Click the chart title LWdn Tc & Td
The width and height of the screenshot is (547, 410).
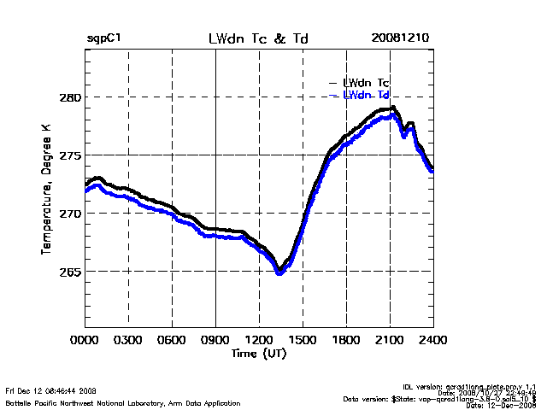coord(257,39)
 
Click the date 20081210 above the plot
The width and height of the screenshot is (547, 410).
coord(400,39)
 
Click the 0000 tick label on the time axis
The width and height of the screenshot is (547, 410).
coord(85,339)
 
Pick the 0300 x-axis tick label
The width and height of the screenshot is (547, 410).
coord(129,339)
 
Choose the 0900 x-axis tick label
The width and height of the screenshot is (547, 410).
coord(216,339)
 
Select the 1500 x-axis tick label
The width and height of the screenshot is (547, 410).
coord(303,339)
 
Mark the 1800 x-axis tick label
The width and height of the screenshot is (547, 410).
coord(347,339)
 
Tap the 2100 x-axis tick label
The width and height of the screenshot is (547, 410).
coord(391,339)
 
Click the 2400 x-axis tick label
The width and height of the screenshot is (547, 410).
coord(433,339)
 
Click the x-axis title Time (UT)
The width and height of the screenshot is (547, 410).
coord(258,353)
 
